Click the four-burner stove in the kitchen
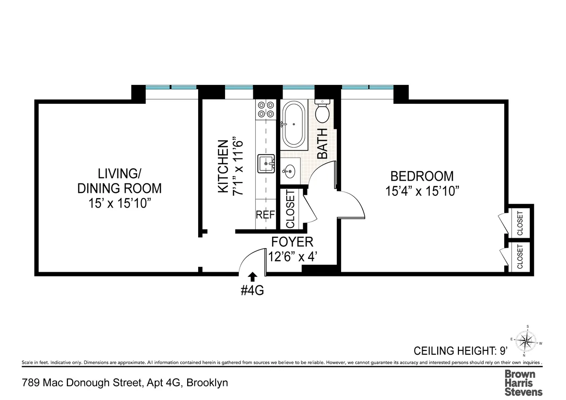[x=265, y=109]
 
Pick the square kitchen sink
[x=266, y=164]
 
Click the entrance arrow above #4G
[x=252, y=277]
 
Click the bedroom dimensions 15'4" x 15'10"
[x=422, y=191]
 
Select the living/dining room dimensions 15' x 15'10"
[x=119, y=203]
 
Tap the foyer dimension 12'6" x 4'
[x=292, y=258]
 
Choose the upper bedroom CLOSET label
[x=520, y=223]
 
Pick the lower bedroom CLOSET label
[x=520, y=257]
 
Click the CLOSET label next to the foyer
[x=290, y=208]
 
